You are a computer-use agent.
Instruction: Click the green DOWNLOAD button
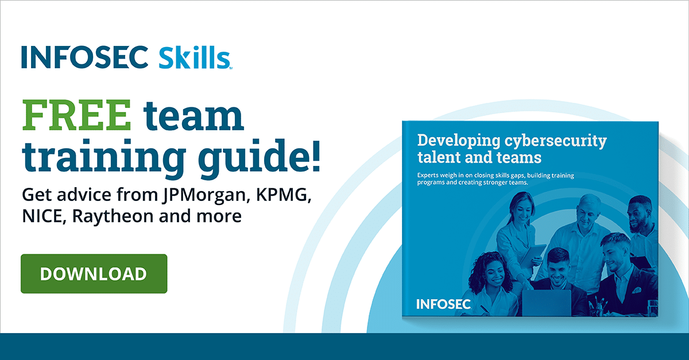click(94, 273)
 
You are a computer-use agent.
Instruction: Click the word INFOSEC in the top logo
click(85, 57)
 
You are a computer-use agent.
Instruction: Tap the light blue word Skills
click(195, 57)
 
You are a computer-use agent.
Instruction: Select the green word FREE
click(76, 115)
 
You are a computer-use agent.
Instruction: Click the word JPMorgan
click(204, 195)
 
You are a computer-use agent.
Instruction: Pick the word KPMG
click(284, 195)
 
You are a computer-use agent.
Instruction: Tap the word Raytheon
click(113, 216)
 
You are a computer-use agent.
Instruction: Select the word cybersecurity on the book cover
click(556, 141)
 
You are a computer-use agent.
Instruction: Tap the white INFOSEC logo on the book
click(443, 304)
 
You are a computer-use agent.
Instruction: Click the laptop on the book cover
click(546, 303)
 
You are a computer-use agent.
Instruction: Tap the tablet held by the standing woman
click(533, 256)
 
